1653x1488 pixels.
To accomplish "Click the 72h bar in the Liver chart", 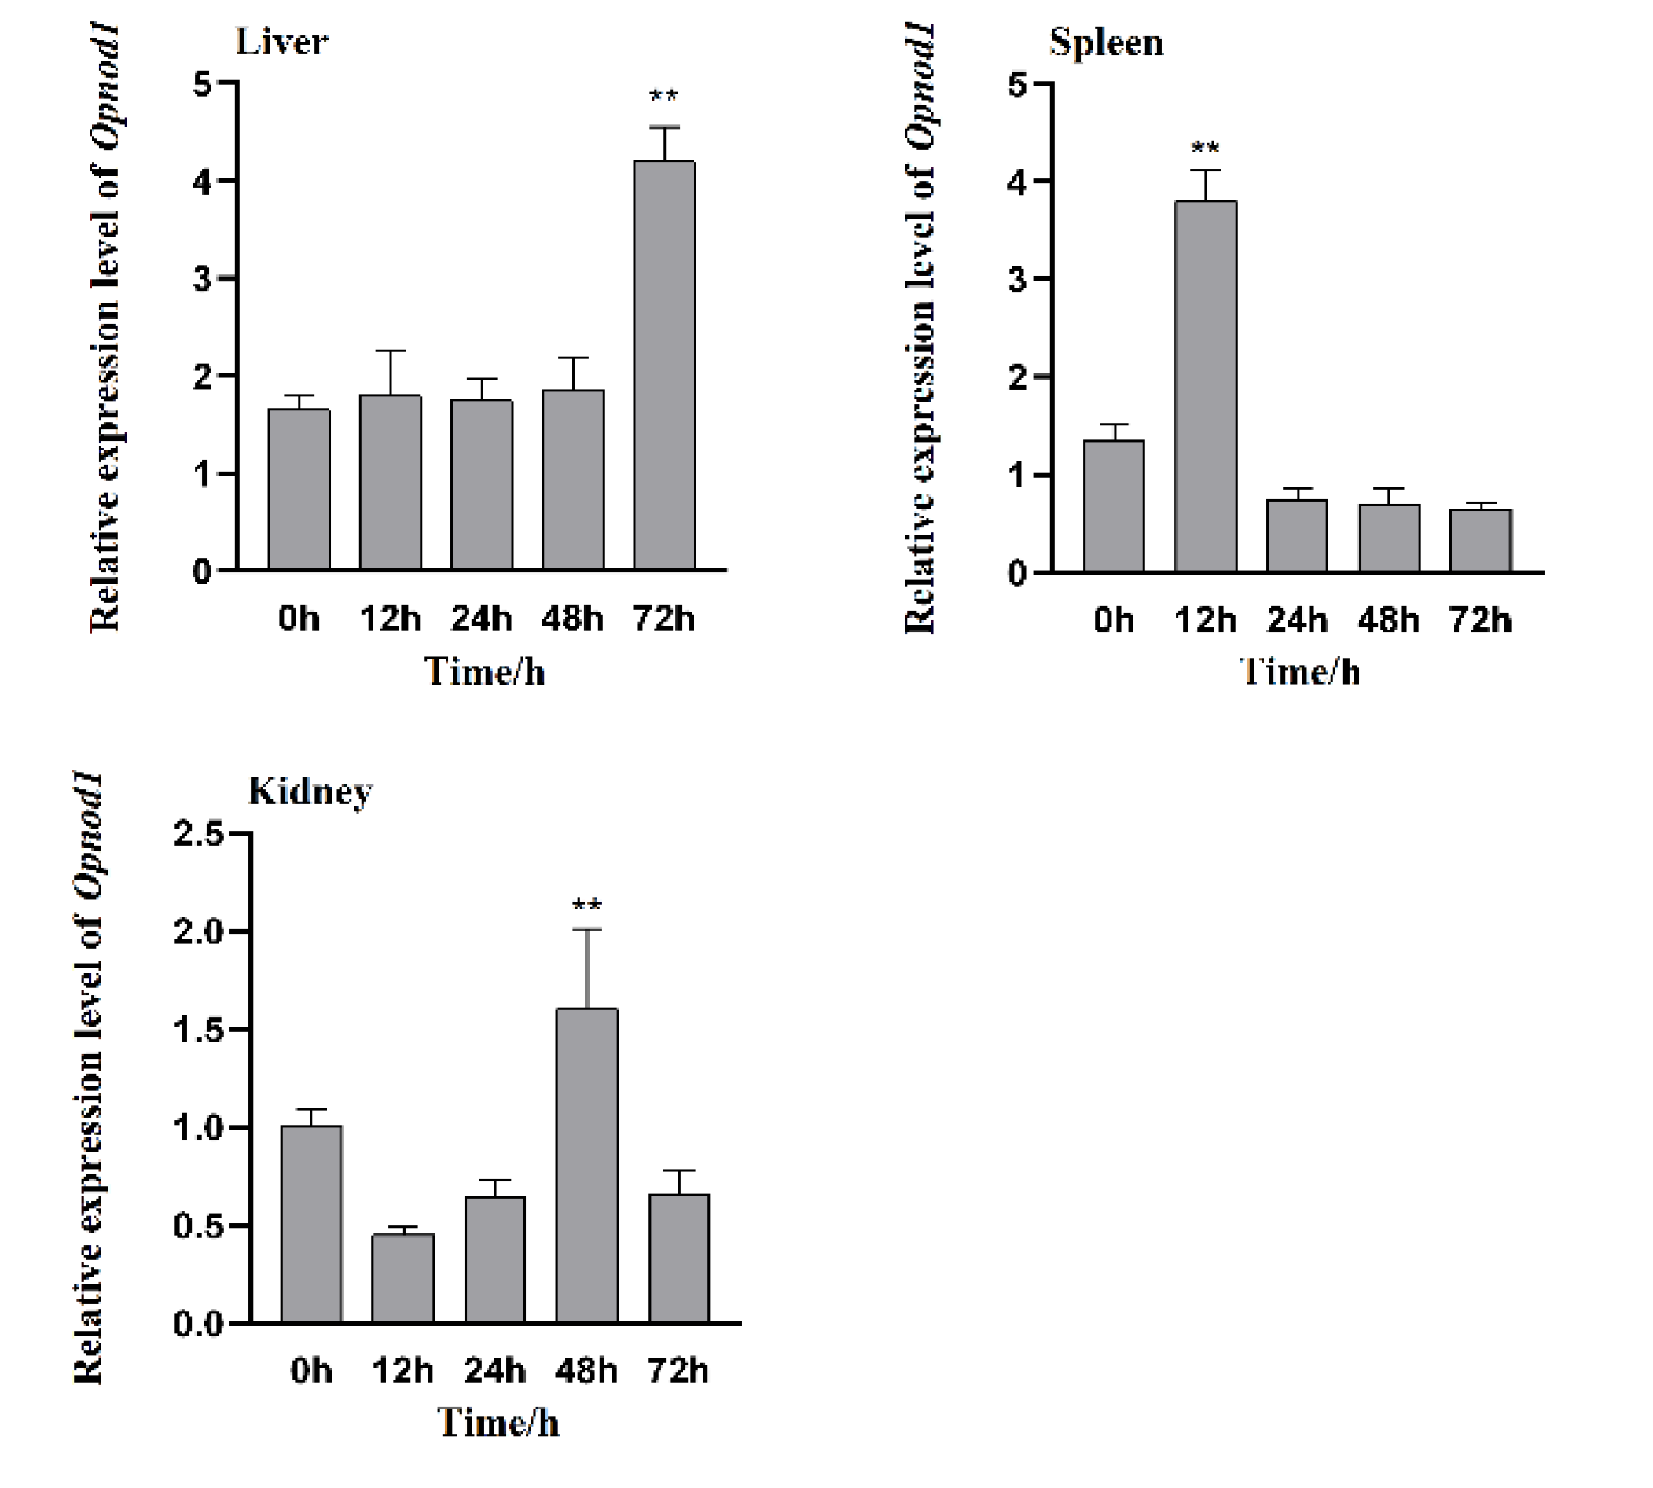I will click(665, 365).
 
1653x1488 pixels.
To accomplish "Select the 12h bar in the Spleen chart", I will click(1205, 386).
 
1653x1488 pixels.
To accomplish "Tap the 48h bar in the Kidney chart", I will click(587, 1165).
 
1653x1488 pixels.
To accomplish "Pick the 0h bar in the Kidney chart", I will click(311, 1224).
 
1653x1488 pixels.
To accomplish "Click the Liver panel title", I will click(281, 42).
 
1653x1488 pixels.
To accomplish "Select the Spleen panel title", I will click(1106, 42).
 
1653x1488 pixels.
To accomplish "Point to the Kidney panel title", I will click(310, 791).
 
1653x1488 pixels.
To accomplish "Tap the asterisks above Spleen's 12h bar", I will click(1205, 149).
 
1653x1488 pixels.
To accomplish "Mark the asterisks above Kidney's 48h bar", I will click(587, 906).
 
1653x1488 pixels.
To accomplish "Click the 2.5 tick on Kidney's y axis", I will click(198, 834).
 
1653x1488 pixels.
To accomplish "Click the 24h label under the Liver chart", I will click(482, 619).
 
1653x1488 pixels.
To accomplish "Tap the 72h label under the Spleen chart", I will click(1481, 620).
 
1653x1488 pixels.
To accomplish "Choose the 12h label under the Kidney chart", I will click(402, 1370).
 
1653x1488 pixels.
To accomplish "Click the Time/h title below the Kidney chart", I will click(498, 1424).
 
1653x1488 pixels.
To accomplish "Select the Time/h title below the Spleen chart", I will click(1300, 672).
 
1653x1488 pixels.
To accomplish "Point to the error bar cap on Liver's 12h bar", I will click(391, 351).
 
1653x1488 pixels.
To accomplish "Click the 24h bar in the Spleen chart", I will click(1298, 535).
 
